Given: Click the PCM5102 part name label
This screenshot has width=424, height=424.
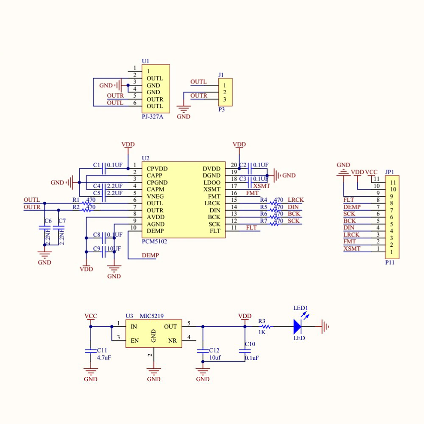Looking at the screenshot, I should pyautogui.click(x=154, y=242).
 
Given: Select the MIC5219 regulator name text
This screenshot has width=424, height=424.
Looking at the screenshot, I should pyautogui.click(x=152, y=317).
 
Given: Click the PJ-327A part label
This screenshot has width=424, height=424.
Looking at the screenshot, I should pyautogui.click(x=152, y=116).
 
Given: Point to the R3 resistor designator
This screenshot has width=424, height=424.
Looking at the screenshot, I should pyautogui.click(x=262, y=321).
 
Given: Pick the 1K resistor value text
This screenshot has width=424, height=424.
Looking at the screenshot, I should pyautogui.click(x=262, y=332).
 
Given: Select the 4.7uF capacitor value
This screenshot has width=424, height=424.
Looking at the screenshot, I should pyautogui.click(x=105, y=357).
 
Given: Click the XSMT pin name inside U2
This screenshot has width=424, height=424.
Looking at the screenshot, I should pyautogui.click(x=212, y=189).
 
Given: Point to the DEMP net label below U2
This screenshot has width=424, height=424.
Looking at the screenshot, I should pyautogui.click(x=150, y=255).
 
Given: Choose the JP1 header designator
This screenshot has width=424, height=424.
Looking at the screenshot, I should pyautogui.click(x=390, y=172).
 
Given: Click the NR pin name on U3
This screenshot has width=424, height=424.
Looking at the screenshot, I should pyautogui.click(x=172, y=341).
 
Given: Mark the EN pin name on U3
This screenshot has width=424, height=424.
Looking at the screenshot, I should pyautogui.click(x=135, y=341).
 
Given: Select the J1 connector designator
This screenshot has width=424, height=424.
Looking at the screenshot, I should pyautogui.click(x=221, y=75).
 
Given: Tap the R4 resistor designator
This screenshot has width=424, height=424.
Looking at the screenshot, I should pyautogui.click(x=263, y=200).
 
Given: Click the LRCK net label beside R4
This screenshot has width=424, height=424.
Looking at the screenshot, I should pyautogui.click(x=296, y=200).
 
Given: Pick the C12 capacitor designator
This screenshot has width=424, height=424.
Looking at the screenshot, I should pyautogui.click(x=214, y=351).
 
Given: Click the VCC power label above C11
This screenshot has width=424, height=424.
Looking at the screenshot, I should pyautogui.click(x=91, y=316).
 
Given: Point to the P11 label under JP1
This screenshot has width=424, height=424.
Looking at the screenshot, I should pyautogui.click(x=390, y=263).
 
